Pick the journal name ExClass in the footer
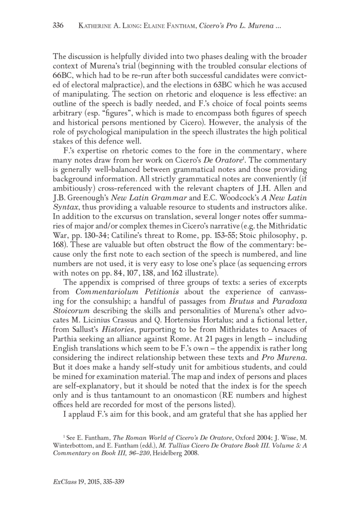[x=61, y=482]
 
